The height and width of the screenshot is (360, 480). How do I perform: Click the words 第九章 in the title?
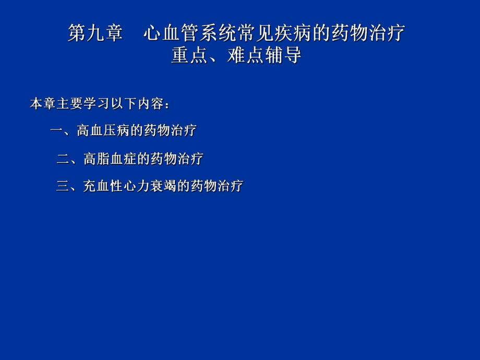pos(95,33)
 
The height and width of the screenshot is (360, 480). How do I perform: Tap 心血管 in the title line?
pos(171,33)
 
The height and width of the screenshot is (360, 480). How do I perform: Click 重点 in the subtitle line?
pos(190,55)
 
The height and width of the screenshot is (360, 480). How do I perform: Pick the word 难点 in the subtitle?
pos(246,55)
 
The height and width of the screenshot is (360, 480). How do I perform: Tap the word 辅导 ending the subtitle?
pos(283,55)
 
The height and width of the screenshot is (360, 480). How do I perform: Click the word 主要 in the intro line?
pos(63,104)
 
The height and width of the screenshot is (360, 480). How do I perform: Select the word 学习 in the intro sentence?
pos(90,104)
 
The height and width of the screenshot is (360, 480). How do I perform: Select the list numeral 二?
pos(63,159)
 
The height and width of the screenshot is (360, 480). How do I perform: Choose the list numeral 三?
pos(63,186)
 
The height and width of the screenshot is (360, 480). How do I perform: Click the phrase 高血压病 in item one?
pos(103,130)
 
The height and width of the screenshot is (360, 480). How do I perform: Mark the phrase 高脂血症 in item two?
pos(110,159)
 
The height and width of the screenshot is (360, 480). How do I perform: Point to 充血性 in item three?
pos(103,186)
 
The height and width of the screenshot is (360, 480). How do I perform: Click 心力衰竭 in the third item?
pos(150,186)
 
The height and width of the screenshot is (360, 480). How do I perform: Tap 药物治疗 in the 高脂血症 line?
pos(177,159)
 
